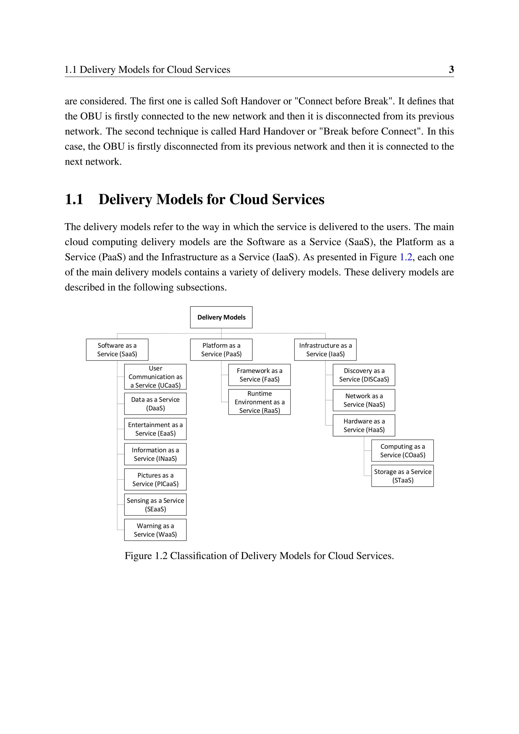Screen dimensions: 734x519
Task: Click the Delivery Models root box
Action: tap(221, 317)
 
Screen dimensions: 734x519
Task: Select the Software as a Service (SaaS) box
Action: tap(117, 350)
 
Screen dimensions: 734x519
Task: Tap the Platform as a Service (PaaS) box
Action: tap(221, 350)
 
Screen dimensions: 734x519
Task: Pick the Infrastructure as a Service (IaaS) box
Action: tap(325, 350)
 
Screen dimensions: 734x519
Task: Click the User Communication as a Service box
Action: tap(155, 377)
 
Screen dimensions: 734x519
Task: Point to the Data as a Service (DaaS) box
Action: tap(155, 403)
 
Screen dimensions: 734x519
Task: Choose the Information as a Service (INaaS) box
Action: tap(155, 454)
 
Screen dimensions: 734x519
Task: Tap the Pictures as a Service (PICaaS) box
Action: tap(155, 479)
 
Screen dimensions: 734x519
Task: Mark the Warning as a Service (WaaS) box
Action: tap(155, 530)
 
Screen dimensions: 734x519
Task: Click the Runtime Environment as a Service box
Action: tap(259, 402)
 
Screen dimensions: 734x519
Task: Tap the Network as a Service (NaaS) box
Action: tap(364, 400)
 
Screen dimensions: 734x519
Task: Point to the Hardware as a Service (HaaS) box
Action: tap(364, 425)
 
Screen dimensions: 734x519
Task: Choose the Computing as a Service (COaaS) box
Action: tap(402, 450)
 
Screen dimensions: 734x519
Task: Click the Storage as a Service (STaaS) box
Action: tap(402, 476)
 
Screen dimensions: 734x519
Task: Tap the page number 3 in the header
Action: tap(451, 69)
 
